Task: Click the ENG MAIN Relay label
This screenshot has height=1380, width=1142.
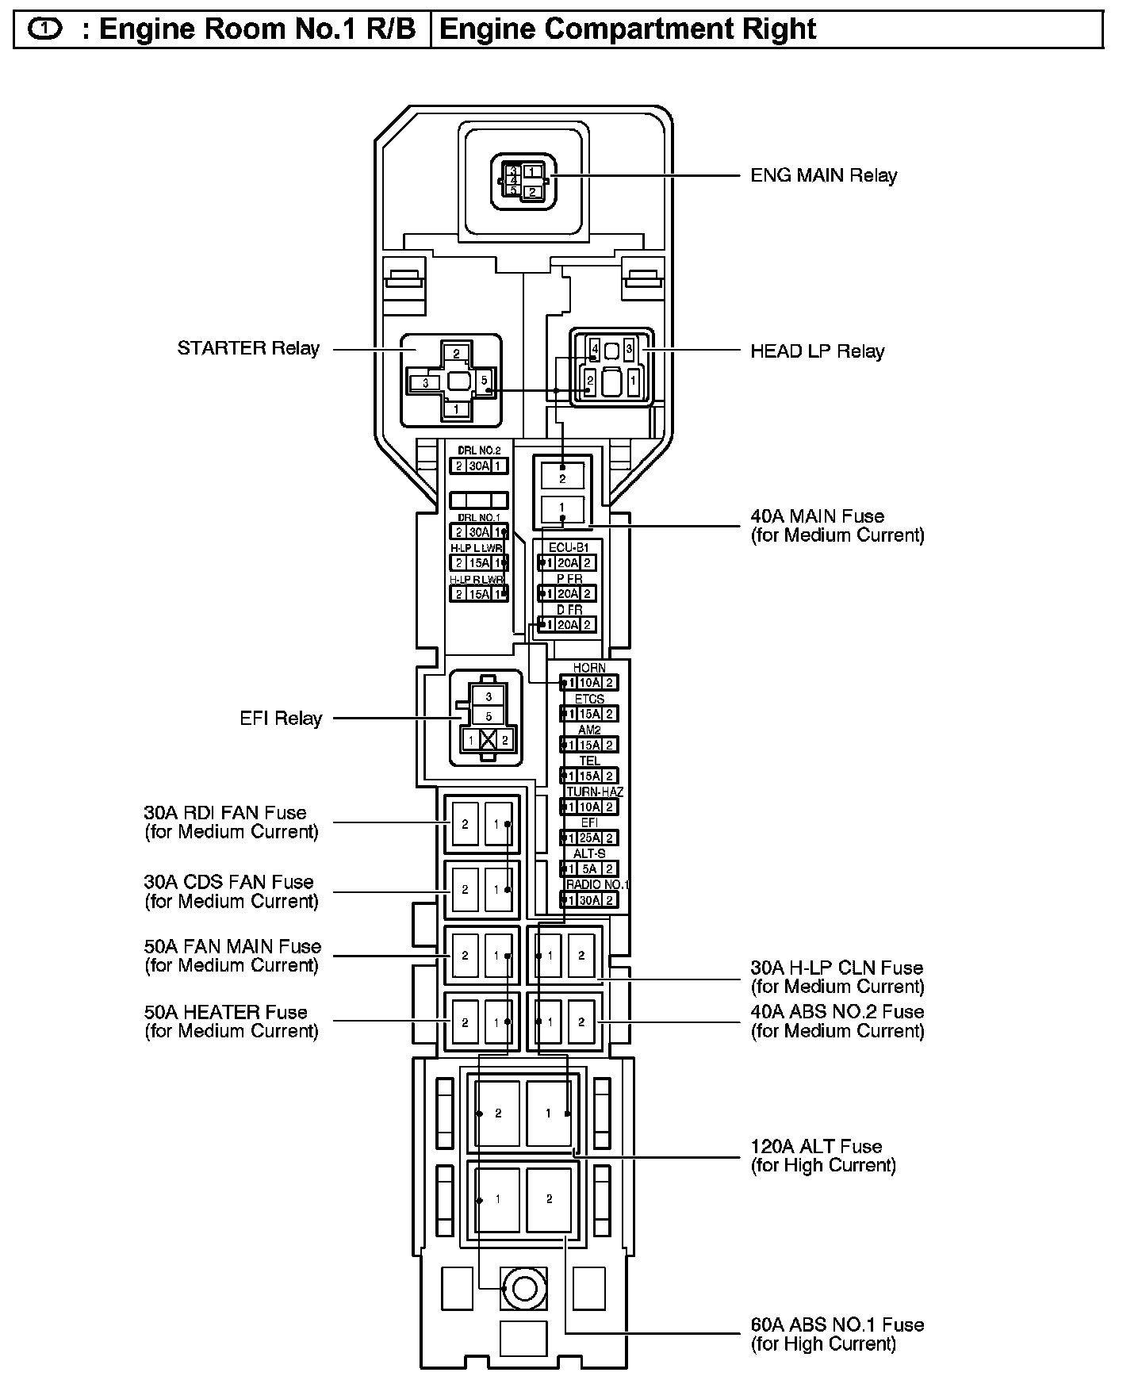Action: tap(823, 175)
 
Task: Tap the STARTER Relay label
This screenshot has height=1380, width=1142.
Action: tap(248, 348)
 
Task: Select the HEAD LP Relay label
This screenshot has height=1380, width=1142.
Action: tap(817, 351)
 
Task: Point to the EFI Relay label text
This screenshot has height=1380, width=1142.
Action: tap(281, 719)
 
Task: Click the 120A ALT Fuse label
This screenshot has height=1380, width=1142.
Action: tap(823, 1156)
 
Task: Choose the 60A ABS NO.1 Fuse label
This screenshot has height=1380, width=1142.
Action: tap(837, 1334)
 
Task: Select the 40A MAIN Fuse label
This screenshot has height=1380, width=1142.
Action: tap(837, 525)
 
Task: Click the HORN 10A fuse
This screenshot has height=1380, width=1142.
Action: tap(589, 682)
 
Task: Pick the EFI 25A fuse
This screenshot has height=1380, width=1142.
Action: tap(589, 838)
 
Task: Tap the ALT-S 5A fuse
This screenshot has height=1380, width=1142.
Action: tap(589, 868)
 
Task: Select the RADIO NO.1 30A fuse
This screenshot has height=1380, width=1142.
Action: tap(589, 899)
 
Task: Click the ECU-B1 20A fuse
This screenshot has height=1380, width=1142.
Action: tap(567, 562)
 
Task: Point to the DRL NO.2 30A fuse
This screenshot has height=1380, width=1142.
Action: tap(478, 466)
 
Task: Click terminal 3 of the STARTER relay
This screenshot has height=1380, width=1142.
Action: tap(426, 383)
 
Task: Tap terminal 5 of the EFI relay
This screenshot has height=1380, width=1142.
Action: tap(489, 716)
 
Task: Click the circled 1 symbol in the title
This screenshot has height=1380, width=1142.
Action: tap(44, 29)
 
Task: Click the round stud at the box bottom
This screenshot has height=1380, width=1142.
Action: tap(523, 1289)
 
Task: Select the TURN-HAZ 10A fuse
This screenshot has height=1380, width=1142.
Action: tap(589, 807)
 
